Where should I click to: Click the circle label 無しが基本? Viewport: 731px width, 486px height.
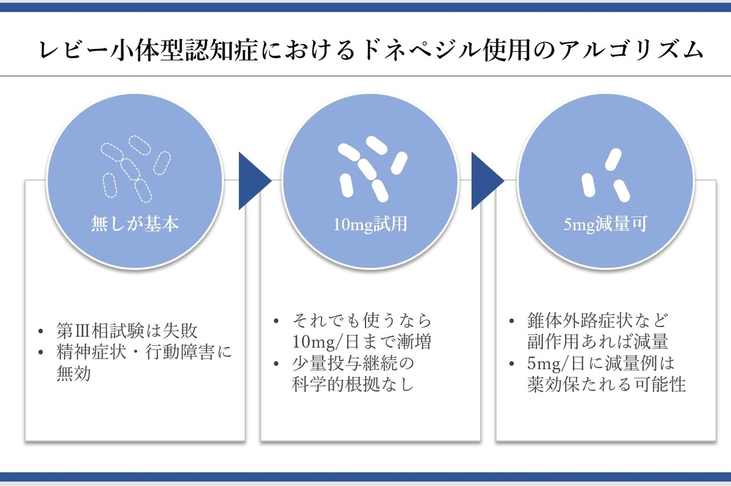coord(135,224)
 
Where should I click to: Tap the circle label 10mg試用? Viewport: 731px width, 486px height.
coord(370,224)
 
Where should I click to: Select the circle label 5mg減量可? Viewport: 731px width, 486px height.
coord(606,224)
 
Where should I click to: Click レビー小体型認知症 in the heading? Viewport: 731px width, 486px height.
coord(149,51)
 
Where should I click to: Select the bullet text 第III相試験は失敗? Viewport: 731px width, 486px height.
coord(127,331)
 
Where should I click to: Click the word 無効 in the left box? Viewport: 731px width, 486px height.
coord(74,373)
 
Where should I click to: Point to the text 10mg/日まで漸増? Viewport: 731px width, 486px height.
coord(362,342)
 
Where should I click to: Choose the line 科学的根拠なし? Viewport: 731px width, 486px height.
coord(353,384)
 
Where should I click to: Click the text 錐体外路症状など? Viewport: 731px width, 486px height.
coord(598,320)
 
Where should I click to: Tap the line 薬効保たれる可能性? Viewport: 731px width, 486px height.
coord(607,384)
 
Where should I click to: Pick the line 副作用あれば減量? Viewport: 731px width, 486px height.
coord(598,342)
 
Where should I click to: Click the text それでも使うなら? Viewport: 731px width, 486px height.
coord(362,320)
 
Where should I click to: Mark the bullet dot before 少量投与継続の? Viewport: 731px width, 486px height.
coord(276,364)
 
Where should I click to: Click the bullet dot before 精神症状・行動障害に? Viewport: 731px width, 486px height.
coord(40,352)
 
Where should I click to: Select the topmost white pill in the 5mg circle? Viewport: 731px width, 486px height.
coord(613,160)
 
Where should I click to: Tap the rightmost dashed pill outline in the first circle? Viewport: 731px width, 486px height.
coord(162,163)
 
